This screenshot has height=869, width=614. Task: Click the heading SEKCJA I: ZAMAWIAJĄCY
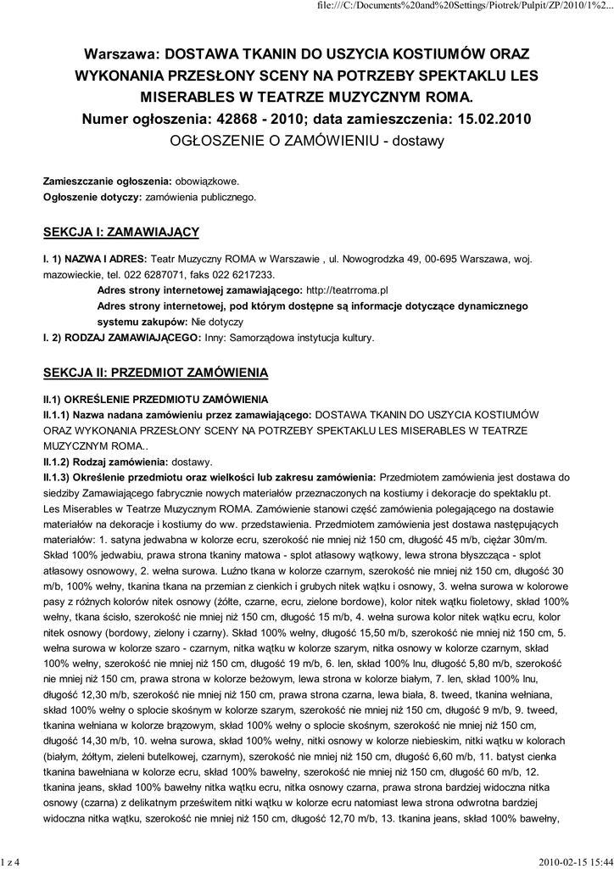pyautogui.click(x=121, y=231)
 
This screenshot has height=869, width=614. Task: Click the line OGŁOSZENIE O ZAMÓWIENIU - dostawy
pyautogui.click(x=307, y=141)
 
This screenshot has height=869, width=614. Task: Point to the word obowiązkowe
pyautogui.click(x=207, y=182)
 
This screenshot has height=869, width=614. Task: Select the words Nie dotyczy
pyautogui.click(x=217, y=322)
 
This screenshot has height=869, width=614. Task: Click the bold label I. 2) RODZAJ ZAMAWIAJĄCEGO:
pyautogui.click(x=122, y=338)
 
